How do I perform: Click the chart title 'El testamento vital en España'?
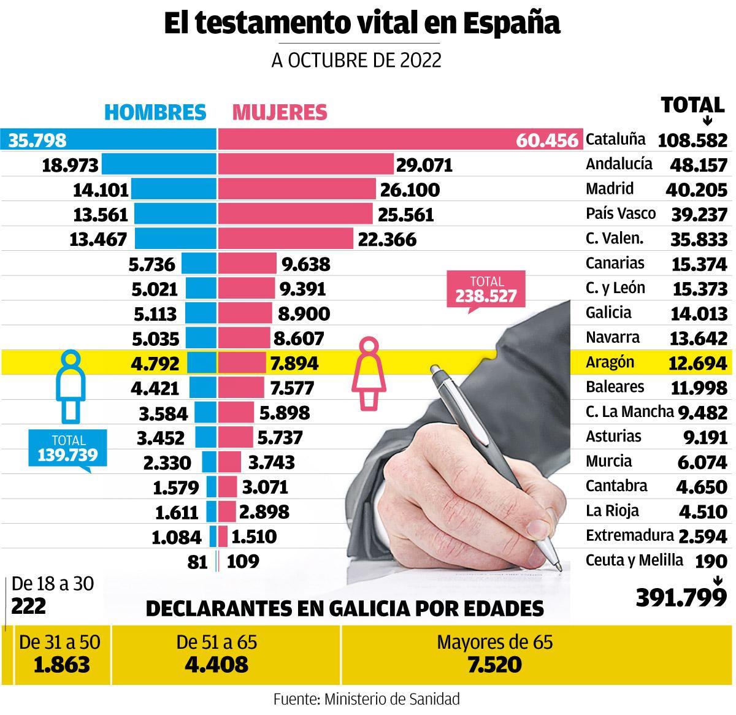[362, 23]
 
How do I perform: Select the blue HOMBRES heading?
[155, 112]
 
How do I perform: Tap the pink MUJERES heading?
[280, 112]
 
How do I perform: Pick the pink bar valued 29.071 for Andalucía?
[305, 164]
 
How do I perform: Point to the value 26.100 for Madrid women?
[410, 189]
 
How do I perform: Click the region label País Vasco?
[620, 213]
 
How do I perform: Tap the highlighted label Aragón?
[609, 362]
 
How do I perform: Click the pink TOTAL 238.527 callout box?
[487, 290]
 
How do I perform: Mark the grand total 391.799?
[681, 597]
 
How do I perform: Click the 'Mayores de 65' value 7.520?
[494, 664]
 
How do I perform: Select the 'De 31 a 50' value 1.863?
[61, 664]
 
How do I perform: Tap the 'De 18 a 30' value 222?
[29, 606]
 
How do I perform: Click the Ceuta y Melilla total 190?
[711, 560]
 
